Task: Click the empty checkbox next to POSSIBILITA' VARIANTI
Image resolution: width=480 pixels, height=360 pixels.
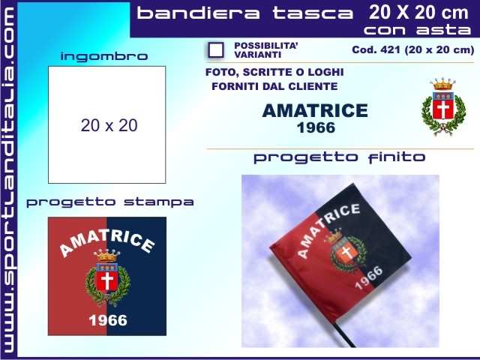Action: point(216,50)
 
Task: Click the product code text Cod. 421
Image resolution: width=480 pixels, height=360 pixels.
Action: point(412,50)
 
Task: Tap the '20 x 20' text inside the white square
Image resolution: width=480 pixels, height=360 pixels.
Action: point(109,126)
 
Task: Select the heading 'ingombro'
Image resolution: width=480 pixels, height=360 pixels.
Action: point(104,56)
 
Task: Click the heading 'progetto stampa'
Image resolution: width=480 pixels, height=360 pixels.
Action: point(110,202)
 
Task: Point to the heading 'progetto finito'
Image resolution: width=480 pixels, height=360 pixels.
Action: point(339,157)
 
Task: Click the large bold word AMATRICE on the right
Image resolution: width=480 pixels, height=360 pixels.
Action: point(315,112)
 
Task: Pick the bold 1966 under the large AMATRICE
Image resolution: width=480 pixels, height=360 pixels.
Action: point(316,127)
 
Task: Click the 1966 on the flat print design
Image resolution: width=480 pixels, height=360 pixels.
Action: point(108,320)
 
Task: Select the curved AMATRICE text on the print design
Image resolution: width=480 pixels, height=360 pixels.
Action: point(106,241)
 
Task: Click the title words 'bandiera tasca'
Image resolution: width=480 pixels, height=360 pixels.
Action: point(245,13)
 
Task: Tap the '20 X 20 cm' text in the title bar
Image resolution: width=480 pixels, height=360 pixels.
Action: point(418,12)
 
